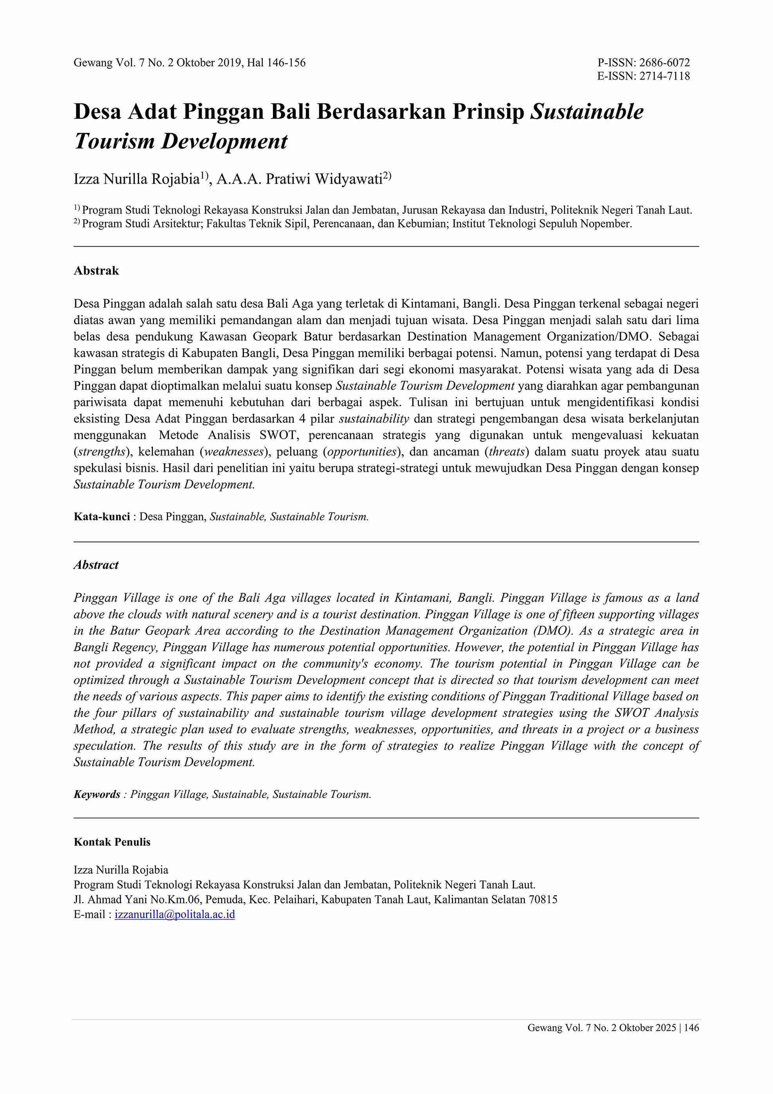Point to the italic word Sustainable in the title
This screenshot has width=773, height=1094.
[x=587, y=112]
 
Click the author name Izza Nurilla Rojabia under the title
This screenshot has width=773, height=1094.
[x=136, y=179]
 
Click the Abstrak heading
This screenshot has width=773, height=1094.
[x=96, y=271]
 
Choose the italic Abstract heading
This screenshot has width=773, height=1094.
[x=96, y=565]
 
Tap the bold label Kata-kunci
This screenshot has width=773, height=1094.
[x=101, y=516]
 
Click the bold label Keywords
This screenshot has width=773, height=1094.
[x=97, y=794]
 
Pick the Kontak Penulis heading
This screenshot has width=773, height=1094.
[x=112, y=842]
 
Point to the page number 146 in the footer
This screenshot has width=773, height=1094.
[x=692, y=1028]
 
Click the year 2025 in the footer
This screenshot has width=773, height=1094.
[x=665, y=1028]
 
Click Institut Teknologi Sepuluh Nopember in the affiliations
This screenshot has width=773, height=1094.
[x=542, y=224]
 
